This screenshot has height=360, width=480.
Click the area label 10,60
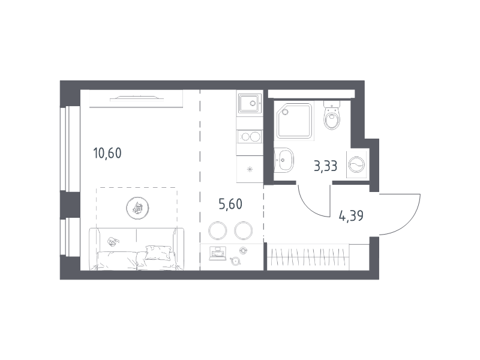click(x=107, y=153)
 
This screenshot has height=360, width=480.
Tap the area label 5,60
click(x=230, y=204)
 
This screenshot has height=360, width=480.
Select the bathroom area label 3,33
click(x=325, y=166)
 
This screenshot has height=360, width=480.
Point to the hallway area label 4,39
click(x=351, y=216)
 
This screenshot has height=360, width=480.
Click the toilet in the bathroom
click(x=332, y=115)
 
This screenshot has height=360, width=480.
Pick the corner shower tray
click(x=294, y=121)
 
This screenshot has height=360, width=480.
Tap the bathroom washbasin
click(x=284, y=160)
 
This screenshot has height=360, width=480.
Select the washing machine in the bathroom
click(x=356, y=164)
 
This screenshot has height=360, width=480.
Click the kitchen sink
click(x=250, y=103)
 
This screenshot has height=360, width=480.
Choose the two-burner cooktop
click(x=250, y=137)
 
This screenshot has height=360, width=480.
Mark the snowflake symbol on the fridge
click(x=250, y=169)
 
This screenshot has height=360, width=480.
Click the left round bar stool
click(x=217, y=230)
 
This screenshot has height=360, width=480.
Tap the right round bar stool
click(x=244, y=230)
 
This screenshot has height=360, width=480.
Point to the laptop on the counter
click(x=217, y=253)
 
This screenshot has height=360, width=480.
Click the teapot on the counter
click(x=235, y=261)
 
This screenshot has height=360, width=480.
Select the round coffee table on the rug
click(x=137, y=208)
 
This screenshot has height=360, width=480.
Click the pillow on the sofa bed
click(x=158, y=253)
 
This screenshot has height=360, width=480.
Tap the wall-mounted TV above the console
click(x=137, y=98)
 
